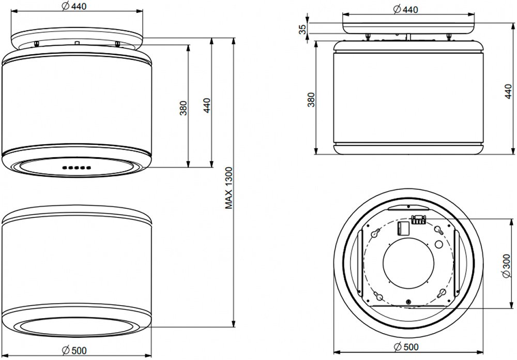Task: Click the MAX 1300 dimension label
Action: (x=229, y=188)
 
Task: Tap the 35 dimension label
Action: (x=302, y=29)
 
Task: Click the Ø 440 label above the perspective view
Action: (x=74, y=6)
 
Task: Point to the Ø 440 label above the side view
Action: (x=405, y=10)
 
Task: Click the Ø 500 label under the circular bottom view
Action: (x=406, y=347)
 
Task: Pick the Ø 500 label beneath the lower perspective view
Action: (x=74, y=350)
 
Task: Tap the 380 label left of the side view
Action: (x=311, y=100)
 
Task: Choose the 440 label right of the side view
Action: (x=508, y=92)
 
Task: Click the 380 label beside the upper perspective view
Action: (x=184, y=108)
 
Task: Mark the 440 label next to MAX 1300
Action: (x=206, y=106)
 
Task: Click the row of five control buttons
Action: (x=76, y=168)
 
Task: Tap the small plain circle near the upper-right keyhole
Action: (x=439, y=244)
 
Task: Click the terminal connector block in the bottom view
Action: (x=418, y=219)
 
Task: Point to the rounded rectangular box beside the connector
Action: (x=403, y=228)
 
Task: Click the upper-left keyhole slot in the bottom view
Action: (x=375, y=233)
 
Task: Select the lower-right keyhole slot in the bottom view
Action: (x=441, y=293)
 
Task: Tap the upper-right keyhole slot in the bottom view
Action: (x=439, y=230)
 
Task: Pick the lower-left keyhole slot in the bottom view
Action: (x=378, y=296)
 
